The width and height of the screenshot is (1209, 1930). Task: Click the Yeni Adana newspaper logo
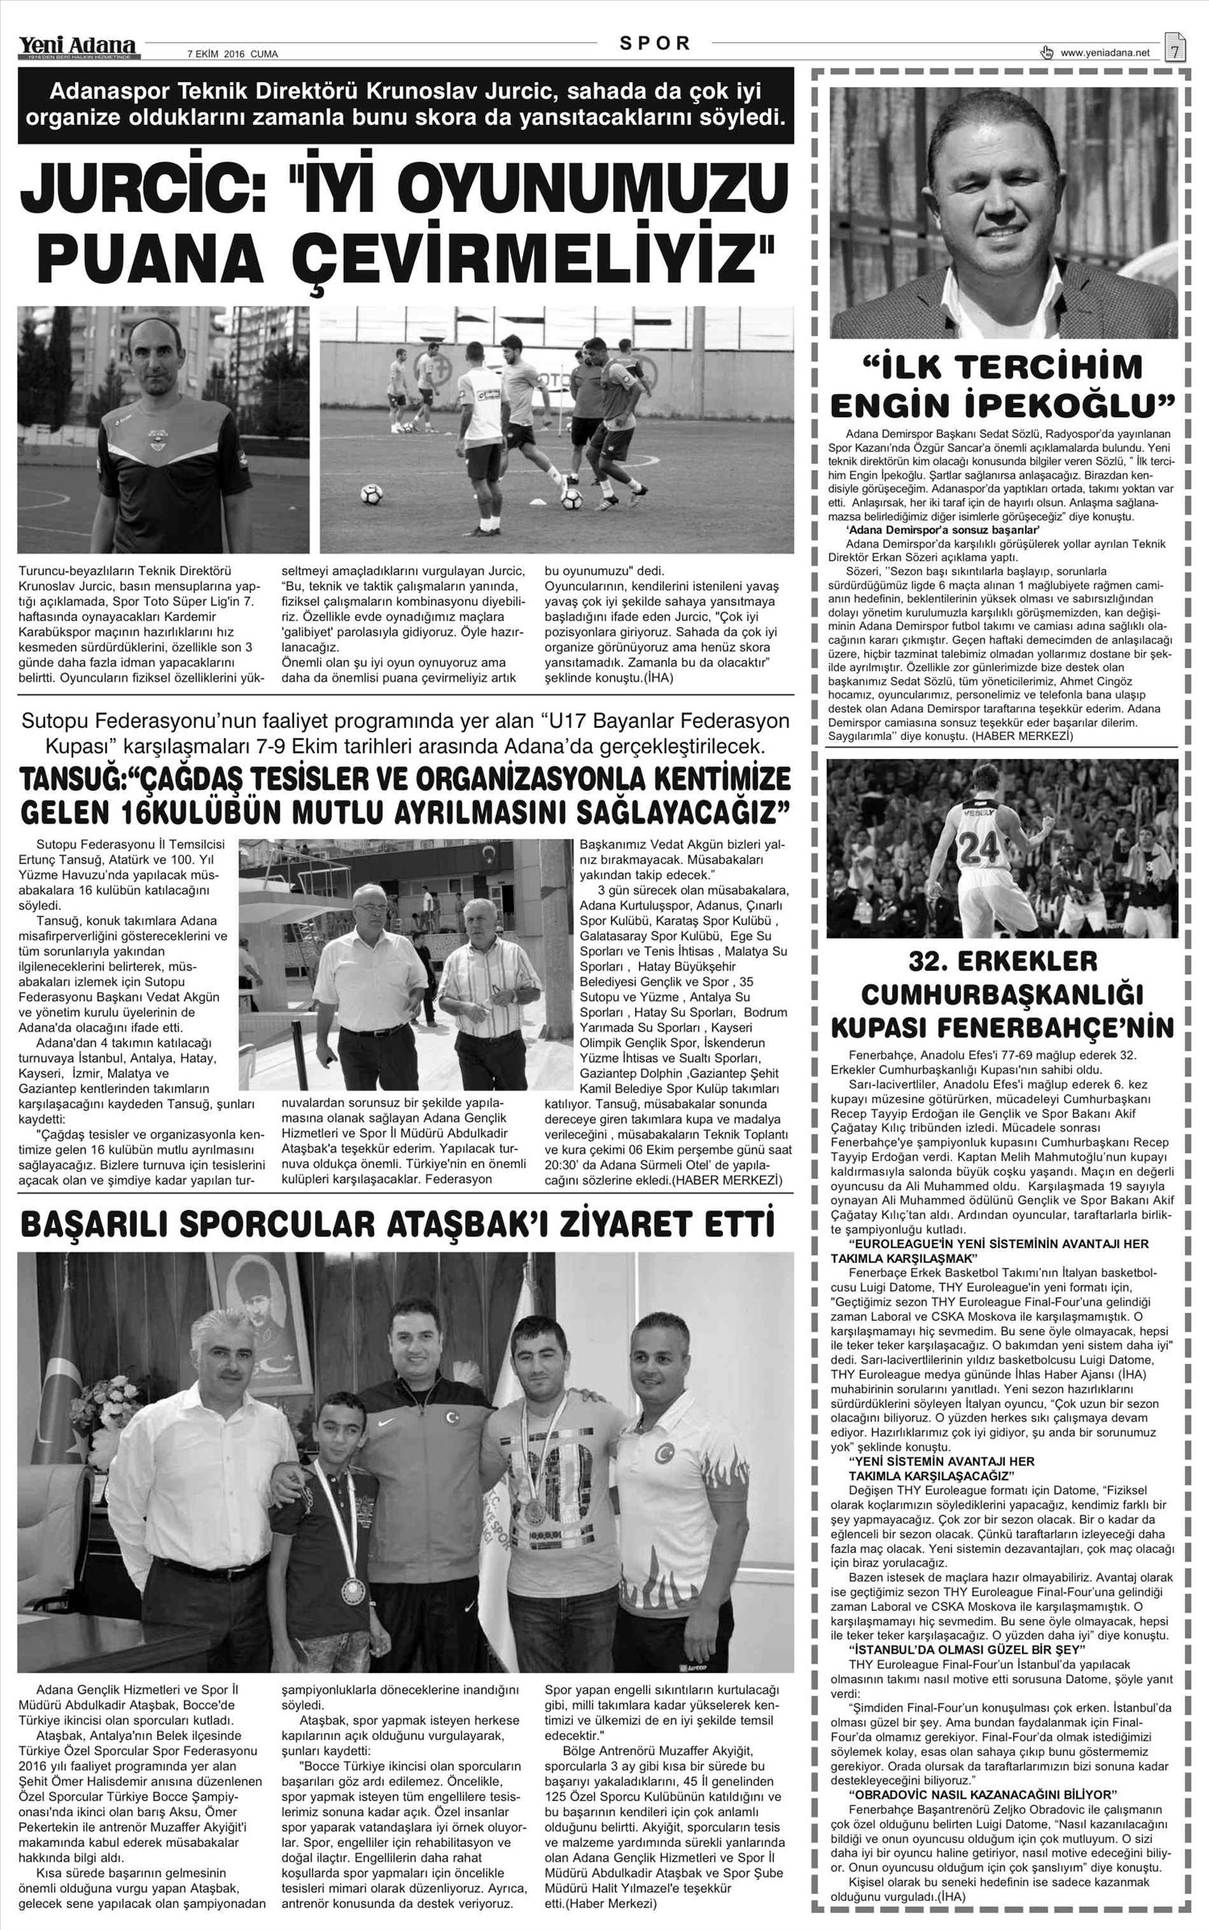click(79, 49)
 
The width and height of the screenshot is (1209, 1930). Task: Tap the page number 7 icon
click(1174, 49)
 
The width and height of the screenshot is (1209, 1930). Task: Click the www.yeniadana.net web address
click(1104, 53)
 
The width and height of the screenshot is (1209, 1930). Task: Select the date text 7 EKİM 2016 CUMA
click(232, 55)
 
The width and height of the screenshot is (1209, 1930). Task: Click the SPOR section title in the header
click(655, 44)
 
